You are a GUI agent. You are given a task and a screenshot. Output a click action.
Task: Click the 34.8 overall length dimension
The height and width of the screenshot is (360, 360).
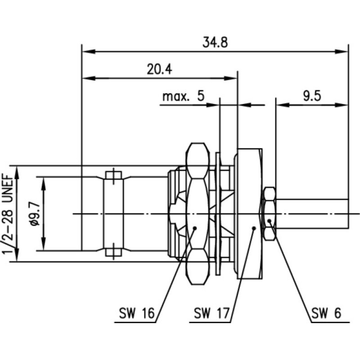[x=215, y=43]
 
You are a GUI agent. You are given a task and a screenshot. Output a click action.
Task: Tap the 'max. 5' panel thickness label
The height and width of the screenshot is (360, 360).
[x=183, y=96]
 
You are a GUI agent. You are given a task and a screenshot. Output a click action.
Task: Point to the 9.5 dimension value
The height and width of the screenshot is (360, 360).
[x=311, y=96]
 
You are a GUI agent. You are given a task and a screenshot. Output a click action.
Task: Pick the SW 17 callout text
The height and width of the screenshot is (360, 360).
[x=212, y=312]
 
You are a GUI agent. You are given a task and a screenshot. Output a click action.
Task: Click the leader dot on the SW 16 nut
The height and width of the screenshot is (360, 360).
[x=195, y=228]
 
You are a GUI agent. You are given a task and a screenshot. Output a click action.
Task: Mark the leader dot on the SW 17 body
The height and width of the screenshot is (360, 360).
[x=254, y=228]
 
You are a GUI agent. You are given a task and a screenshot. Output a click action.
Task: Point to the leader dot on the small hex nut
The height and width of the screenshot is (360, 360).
[x=269, y=221]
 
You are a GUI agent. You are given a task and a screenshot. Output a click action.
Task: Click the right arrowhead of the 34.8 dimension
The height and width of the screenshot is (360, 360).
[x=344, y=51]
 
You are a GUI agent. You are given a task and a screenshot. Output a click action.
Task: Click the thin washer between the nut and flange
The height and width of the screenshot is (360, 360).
[x=218, y=214]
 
